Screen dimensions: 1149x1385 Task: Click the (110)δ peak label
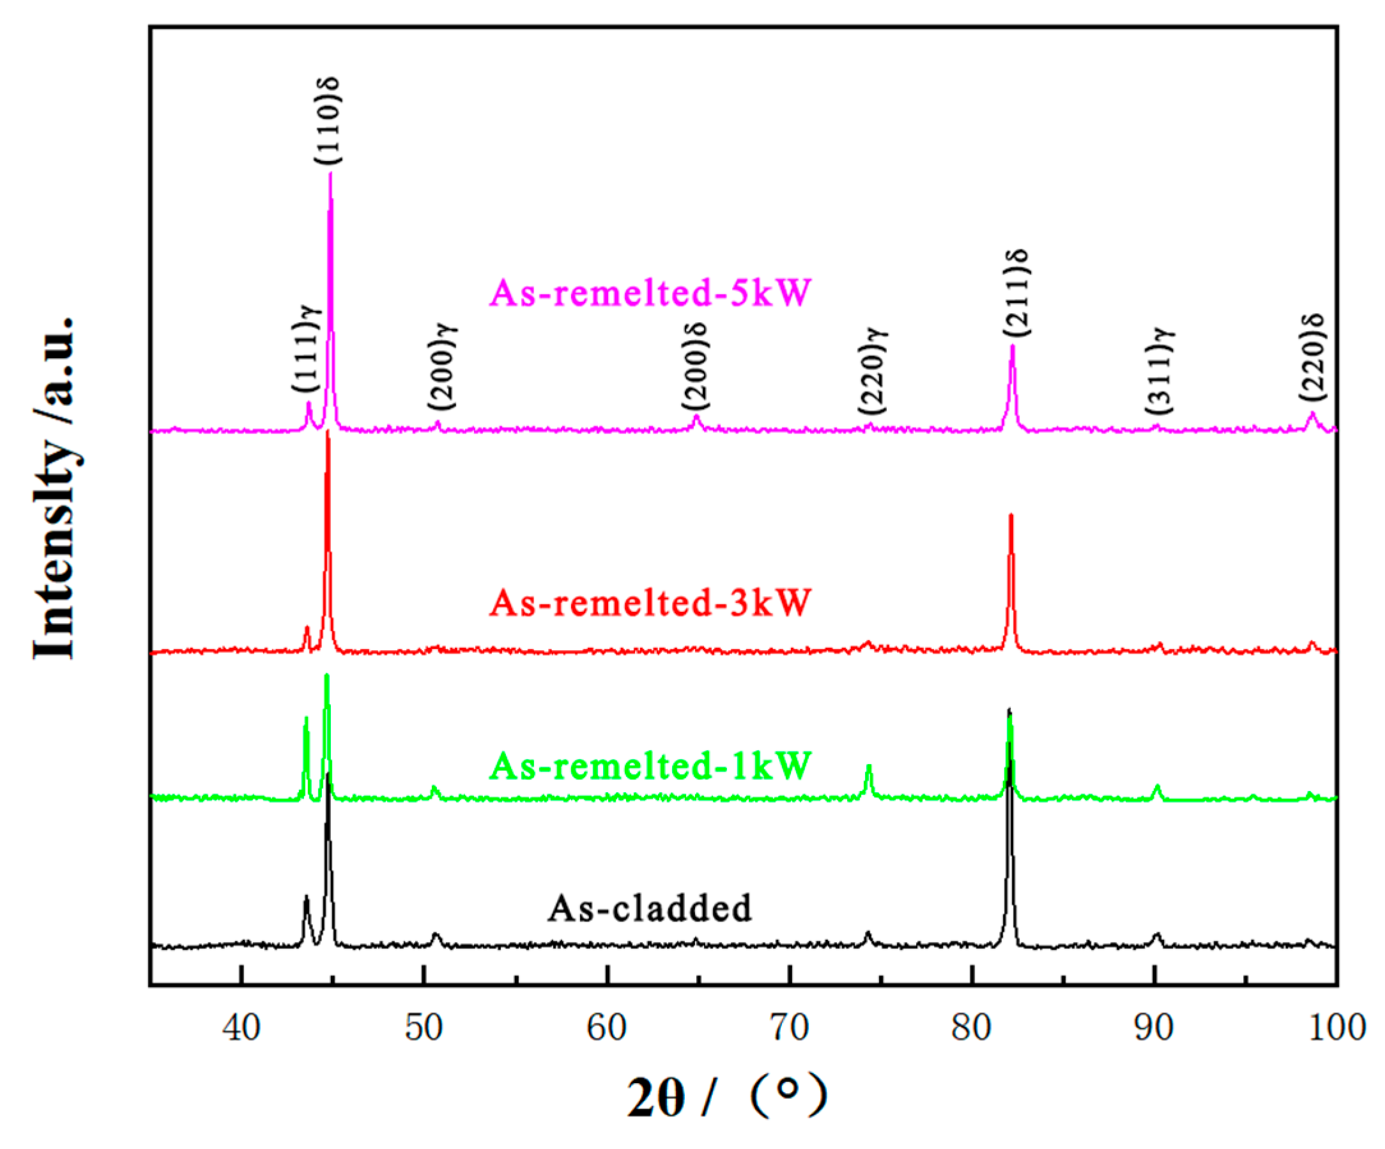[327, 120]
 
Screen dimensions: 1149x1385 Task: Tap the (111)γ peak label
[307, 348]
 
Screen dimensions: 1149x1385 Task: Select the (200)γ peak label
[442, 366]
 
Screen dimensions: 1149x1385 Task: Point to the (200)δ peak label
[695, 366]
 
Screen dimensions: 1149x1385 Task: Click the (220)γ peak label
[873, 371]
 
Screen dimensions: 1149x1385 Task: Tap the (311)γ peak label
[1160, 371]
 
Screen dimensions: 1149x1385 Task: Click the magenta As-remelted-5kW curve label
[650, 292]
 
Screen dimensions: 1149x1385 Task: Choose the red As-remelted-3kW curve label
[650, 602]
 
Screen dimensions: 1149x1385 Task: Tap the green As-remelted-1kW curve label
[650, 765]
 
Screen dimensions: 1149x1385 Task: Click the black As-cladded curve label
[650, 907]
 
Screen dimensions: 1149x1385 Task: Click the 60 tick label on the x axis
[607, 1028]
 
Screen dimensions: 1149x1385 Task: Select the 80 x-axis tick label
[972, 1028]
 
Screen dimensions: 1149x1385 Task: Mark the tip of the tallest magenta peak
[330, 173]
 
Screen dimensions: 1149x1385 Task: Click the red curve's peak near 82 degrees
[1011, 515]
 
